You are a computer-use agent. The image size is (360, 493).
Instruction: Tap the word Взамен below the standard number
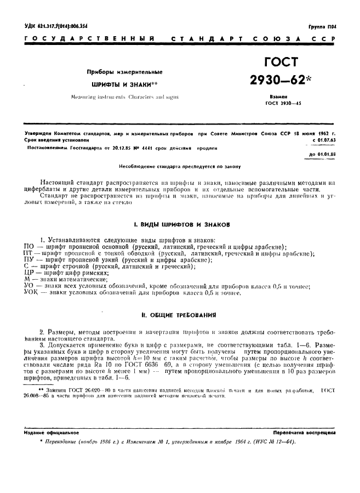[276, 95]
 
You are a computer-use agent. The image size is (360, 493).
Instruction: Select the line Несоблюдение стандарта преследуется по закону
[180, 166]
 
